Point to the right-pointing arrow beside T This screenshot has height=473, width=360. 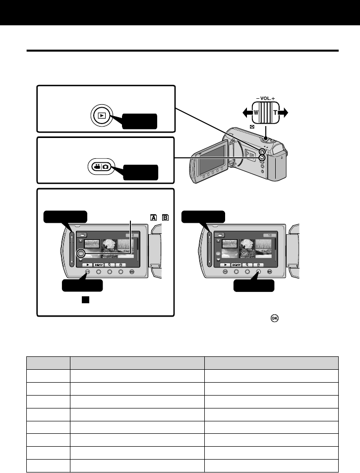(285, 112)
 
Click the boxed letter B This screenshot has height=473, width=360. (164, 216)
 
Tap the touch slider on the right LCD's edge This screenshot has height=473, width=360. (209, 248)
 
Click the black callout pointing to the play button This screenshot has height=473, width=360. (140, 121)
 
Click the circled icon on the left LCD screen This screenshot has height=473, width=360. (81, 253)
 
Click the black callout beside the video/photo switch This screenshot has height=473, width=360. (141, 172)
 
